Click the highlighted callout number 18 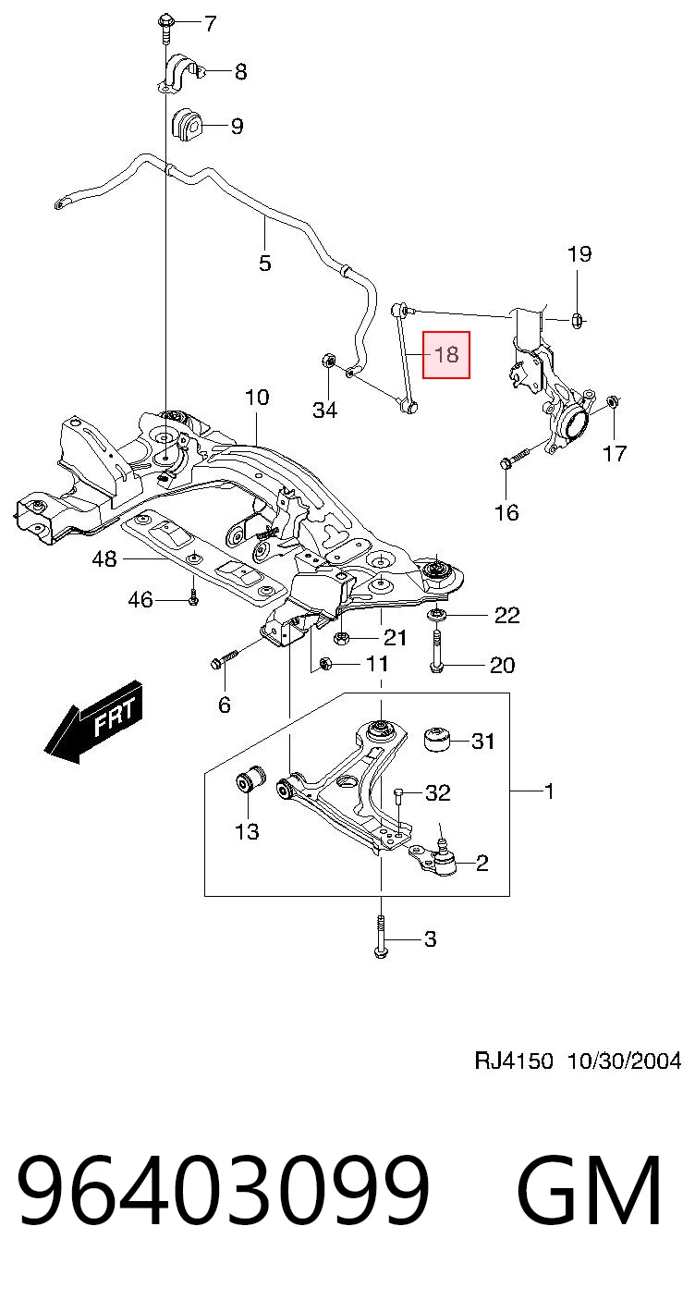(446, 355)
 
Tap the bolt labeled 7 (164, 29)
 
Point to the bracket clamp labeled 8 (181, 73)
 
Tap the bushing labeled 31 (437, 738)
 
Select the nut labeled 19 (578, 319)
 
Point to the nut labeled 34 (326, 361)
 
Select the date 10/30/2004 (624, 1061)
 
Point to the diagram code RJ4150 (514, 1061)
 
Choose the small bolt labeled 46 (193, 599)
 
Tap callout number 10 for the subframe (257, 398)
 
